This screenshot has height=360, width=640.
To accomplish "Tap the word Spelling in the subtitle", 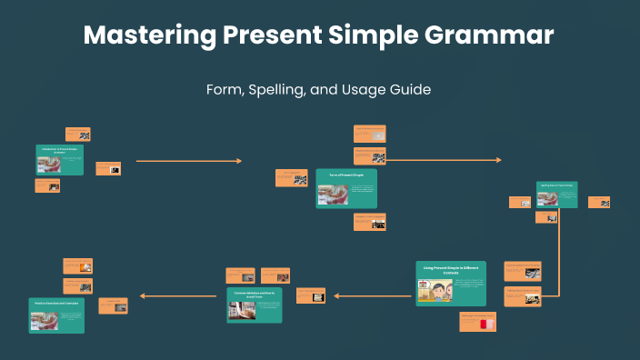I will point(283,90).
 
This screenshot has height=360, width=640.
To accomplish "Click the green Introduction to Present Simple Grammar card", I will point(60,160).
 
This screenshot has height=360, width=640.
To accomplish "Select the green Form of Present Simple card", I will point(345,188).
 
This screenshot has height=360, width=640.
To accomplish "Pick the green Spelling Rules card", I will point(556,195).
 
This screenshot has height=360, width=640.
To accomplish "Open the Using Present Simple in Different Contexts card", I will point(451,283).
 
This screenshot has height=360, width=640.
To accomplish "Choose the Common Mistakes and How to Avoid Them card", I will point(254,305).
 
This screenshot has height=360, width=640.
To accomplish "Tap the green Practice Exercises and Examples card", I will point(56,314).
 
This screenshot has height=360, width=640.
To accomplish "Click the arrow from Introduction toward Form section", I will point(188,161).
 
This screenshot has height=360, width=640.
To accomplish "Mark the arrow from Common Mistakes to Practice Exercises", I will point(181,295).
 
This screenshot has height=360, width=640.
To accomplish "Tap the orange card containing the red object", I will point(477,321).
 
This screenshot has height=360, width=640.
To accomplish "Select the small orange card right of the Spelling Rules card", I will point(599,202).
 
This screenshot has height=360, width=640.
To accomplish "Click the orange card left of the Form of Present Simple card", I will point(291,178).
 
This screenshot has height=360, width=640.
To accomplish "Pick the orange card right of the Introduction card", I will point(108,168).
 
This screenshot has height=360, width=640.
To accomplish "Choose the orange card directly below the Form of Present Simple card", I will point(369,221).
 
